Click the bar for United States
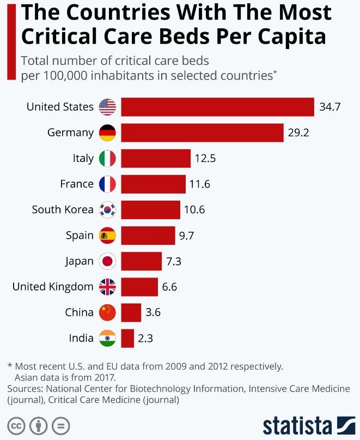point(217,107)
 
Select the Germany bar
point(202,132)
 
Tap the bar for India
point(127,338)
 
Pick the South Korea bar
point(150,209)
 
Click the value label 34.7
point(330,107)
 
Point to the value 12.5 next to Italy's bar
point(205,159)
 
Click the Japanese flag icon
point(107,261)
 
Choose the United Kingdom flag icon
point(107,287)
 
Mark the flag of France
point(107,184)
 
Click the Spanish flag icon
point(107,236)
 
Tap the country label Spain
point(80,236)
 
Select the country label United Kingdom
point(53,287)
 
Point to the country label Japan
point(80,261)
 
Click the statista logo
point(308,425)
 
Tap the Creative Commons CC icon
point(16,425)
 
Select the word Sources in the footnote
point(25,389)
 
